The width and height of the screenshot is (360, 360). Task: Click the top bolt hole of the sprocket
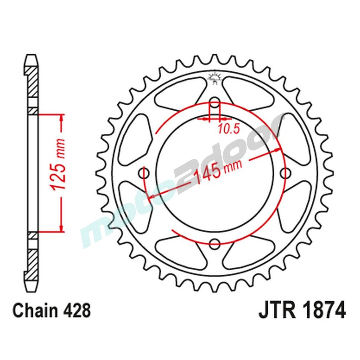[215, 102]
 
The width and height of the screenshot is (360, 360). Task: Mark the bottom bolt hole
[215, 244]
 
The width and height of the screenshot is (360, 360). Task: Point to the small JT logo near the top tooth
[215, 78]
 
